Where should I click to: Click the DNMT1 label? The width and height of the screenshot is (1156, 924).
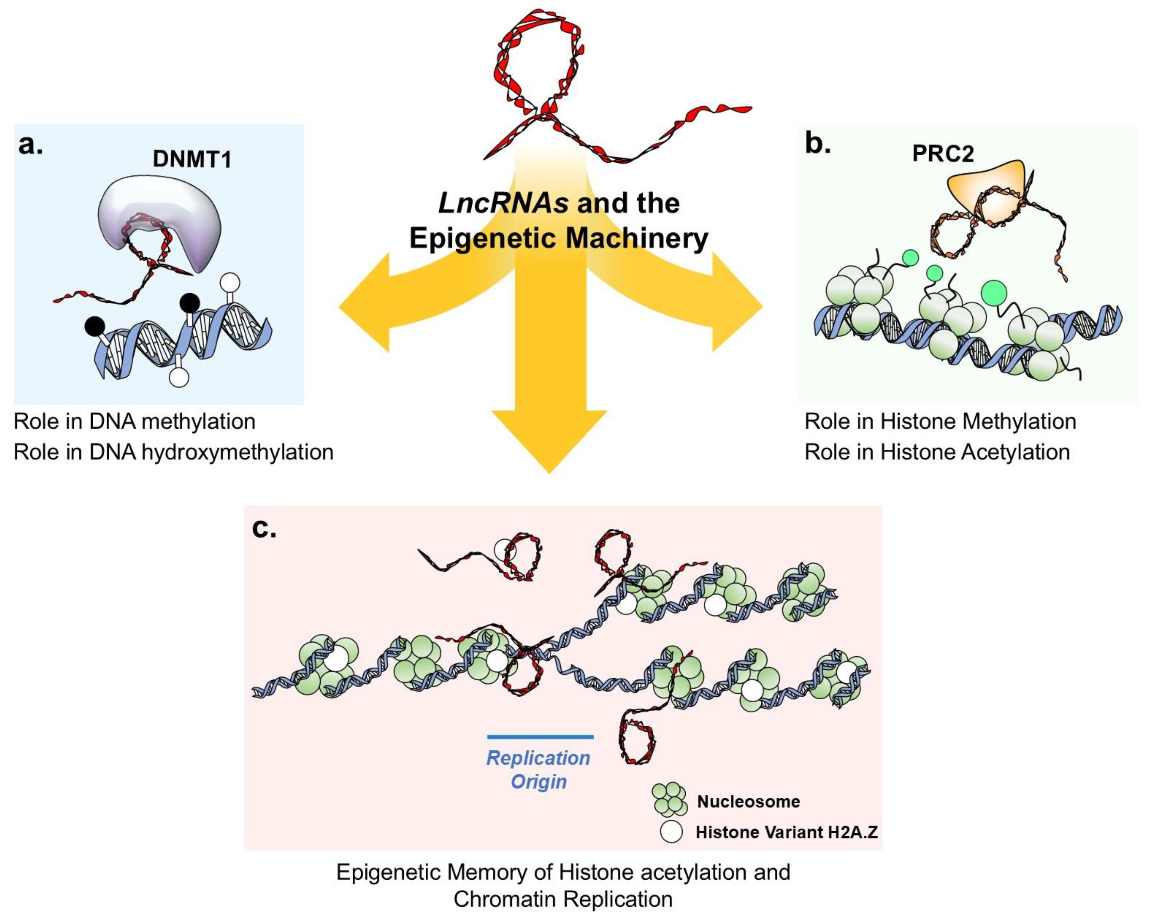pyautogui.click(x=192, y=159)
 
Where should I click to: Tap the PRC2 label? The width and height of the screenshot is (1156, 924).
pyautogui.click(x=943, y=154)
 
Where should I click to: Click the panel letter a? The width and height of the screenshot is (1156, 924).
pyautogui.click(x=31, y=145)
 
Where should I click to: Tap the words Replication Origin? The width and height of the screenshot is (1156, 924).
pyautogui.click(x=538, y=769)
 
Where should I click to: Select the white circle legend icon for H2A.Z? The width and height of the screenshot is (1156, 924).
pyautogui.click(x=671, y=832)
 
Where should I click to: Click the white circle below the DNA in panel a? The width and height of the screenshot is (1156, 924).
pyautogui.click(x=178, y=377)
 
